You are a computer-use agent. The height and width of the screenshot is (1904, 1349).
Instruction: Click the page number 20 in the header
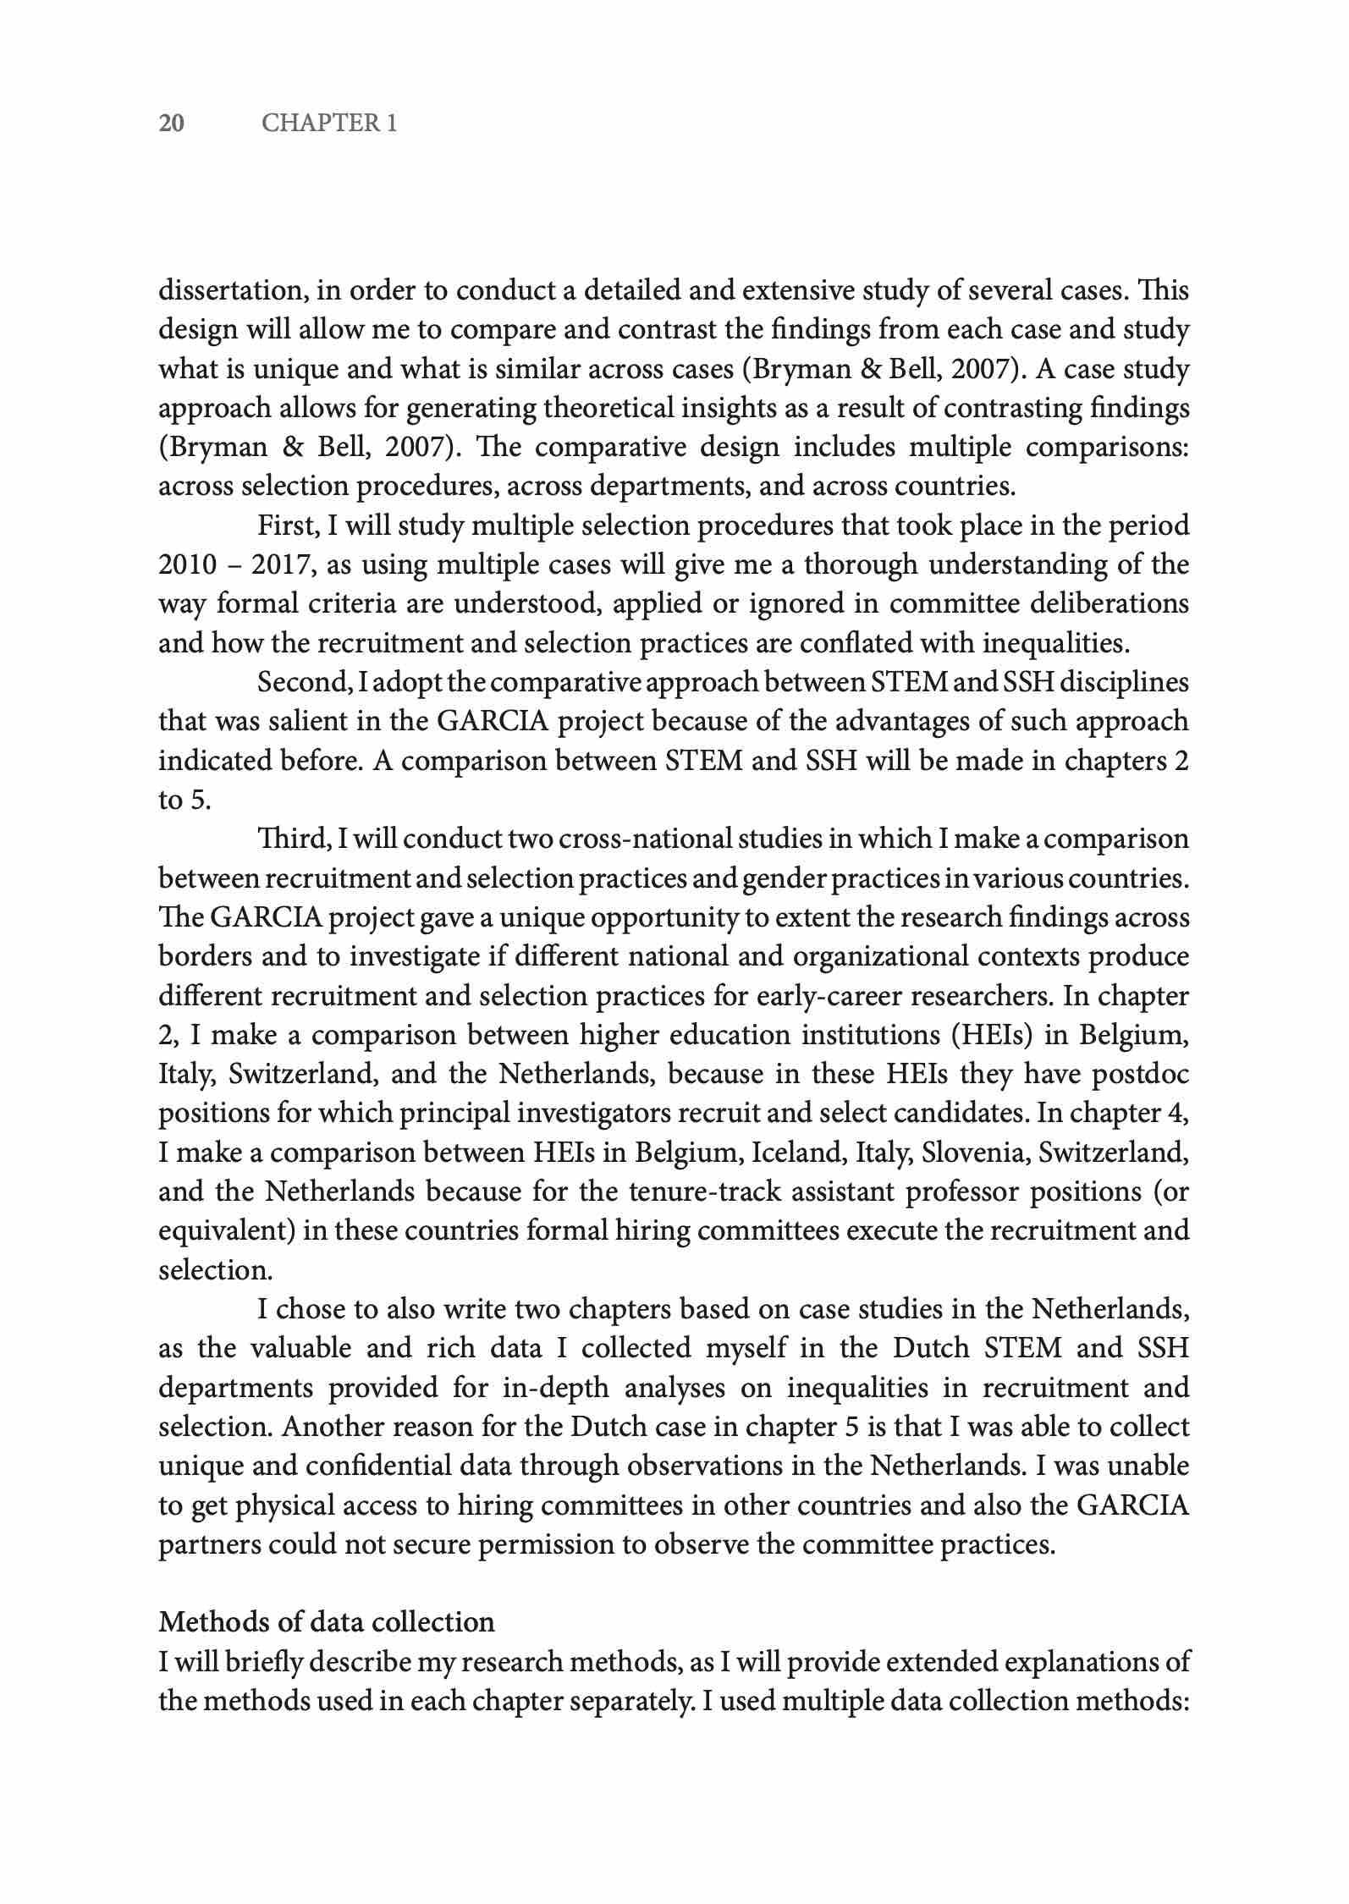point(172,124)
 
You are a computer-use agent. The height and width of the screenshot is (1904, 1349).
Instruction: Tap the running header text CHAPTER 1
point(329,124)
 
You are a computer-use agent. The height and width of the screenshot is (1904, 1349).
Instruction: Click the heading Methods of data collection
point(327,1621)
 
